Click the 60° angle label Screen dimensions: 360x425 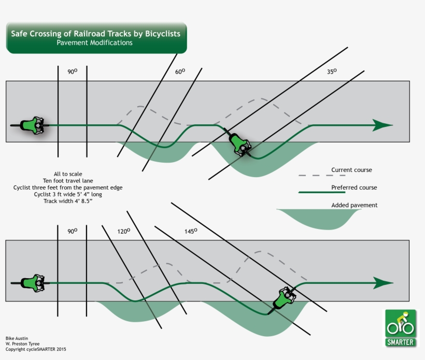(180, 72)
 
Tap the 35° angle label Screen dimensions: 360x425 (331, 71)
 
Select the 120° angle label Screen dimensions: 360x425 (123, 232)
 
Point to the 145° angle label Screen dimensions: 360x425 (191, 232)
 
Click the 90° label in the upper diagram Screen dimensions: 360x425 (72, 72)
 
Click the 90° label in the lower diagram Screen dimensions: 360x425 (72, 231)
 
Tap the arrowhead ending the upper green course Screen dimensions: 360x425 (382, 125)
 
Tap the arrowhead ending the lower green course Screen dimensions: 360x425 (382, 283)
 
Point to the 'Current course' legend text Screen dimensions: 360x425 (351, 170)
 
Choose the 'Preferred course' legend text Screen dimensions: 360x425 (354, 188)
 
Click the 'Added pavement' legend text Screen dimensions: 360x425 (354, 205)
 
